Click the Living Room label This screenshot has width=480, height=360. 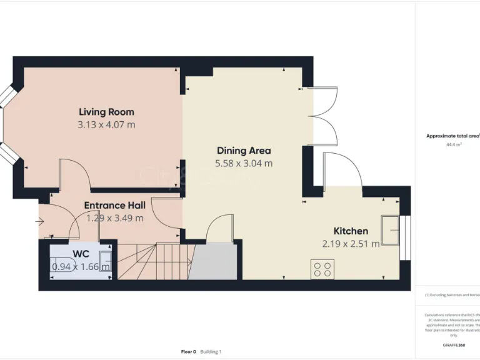pyautogui.click(x=106, y=112)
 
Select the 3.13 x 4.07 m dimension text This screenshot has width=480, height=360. pyautogui.click(x=106, y=124)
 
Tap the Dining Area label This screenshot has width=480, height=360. pyautogui.click(x=244, y=151)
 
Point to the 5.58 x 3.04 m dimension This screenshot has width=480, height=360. pyautogui.click(x=244, y=163)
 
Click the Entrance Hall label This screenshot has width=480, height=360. pyautogui.click(x=114, y=206)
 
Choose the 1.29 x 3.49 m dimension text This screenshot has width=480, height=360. pyautogui.click(x=114, y=218)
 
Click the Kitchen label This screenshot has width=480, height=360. pyautogui.click(x=351, y=231)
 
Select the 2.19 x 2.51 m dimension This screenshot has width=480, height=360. pyautogui.click(x=351, y=244)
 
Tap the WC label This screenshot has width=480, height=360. pyautogui.click(x=81, y=254)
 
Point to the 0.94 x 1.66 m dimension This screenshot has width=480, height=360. pyautogui.click(x=81, y=267)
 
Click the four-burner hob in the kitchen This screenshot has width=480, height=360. pyautogui.click(x=322, y=269)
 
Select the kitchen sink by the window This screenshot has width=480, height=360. pyautogui.click(x=394, y=231)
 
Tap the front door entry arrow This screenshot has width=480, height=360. pyautogui.click(x=41, y=221)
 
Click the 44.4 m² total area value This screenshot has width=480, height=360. pyautogui.click(x=454, y=144)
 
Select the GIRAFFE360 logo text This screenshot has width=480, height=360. pyautogui.click(x=454, y=345)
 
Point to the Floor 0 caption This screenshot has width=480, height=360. pyautogui.click(x=187, y=352)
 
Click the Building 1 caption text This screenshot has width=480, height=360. pyautogui.click(x=211, y=352)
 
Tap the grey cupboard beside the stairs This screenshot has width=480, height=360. pyautogui.click(x=213, y=262)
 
